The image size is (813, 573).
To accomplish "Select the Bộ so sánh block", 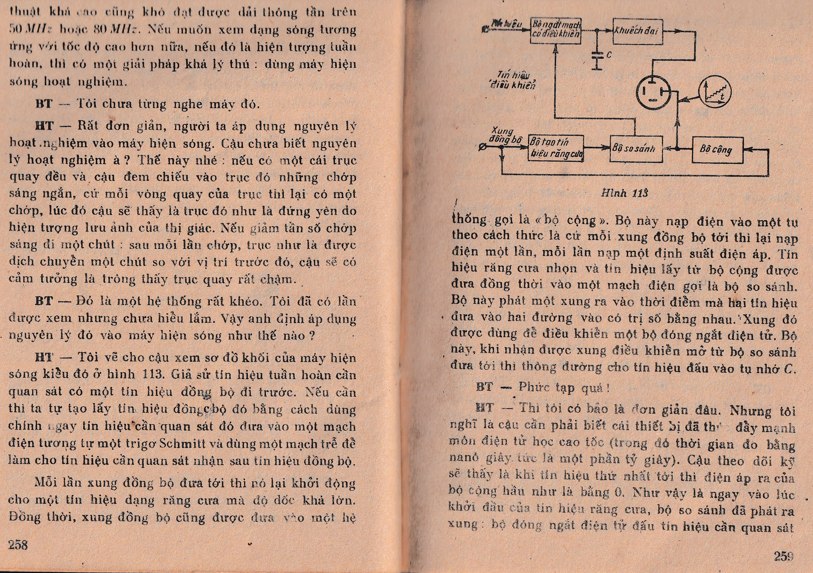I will [636, 149].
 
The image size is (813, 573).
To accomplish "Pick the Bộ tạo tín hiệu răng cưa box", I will [555, 148].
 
